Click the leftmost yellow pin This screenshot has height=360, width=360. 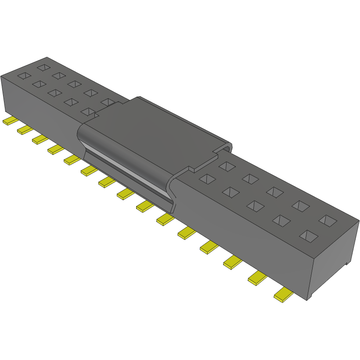[8, 121]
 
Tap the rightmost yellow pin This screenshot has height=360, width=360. [284, 295]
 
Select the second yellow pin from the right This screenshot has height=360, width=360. [258, 278]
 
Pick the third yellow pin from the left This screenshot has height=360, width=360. [40, 139]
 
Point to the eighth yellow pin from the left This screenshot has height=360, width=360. [126, 194]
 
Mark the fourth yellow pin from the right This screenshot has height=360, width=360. [209, 247]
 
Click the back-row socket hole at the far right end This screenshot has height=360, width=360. [327, 220]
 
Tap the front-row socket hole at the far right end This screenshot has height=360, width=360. [309, 236]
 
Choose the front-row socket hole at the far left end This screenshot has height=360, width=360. [25, 76]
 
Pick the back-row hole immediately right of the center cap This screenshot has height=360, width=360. [227, 166]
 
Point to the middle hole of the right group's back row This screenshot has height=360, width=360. [275, 192]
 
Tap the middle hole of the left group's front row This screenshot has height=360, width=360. [54, 93]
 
